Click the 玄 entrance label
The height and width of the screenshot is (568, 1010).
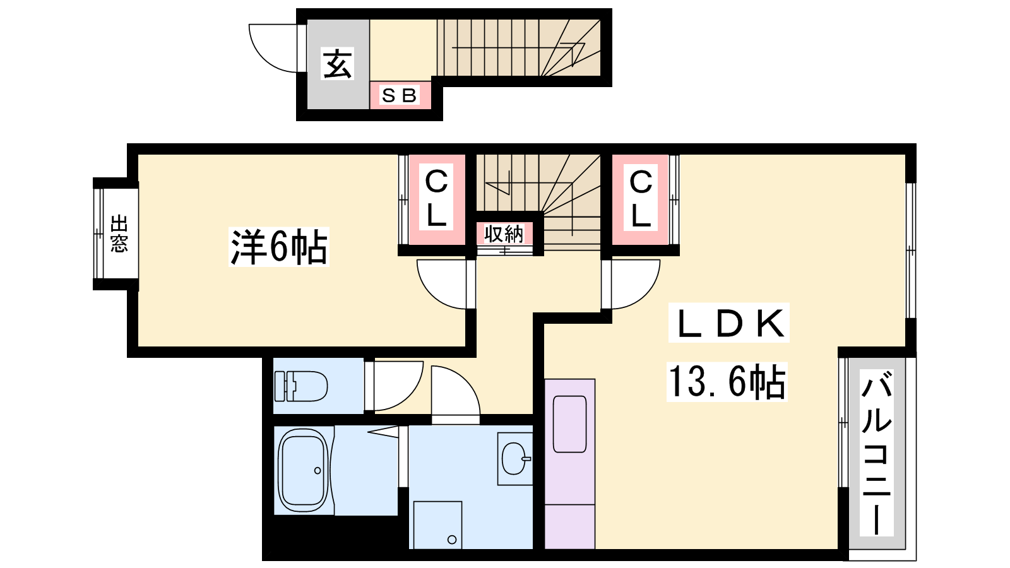(x=337, y=64)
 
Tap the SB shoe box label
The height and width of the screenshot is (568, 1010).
(x=399, y=95)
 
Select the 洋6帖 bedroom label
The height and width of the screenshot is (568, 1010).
(x=278, y=247)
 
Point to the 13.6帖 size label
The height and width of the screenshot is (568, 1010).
(x=727, y=382)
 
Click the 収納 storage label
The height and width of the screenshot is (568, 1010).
(x=504, y=234)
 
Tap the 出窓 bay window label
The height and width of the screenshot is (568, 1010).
(x=119, y=234)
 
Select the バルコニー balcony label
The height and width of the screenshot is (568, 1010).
(x=877, y=452)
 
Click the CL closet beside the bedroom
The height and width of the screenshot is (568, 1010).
(x=436, y=198)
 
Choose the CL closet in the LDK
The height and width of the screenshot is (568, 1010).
(x=641, y=198)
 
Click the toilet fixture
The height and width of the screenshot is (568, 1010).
(x=300, y=386)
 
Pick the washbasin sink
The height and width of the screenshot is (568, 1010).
(x=514, y=458)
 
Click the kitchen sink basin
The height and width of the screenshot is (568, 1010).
(x=569, y=424)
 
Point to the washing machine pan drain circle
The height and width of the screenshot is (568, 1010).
(x=452, y=540)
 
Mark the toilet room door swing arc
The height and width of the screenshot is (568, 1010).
(x=410, y=398)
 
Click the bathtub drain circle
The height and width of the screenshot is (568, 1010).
(x=318, y=471)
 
